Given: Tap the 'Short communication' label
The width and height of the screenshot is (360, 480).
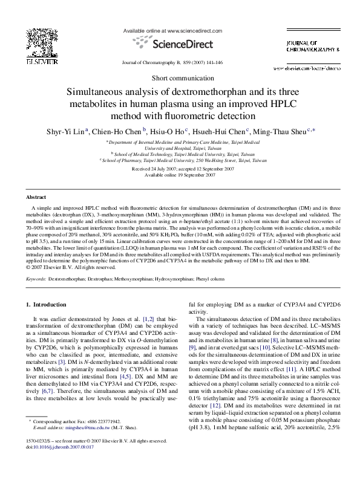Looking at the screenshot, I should [x=180, y=79].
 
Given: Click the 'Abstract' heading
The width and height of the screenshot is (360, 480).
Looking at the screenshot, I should [x=39, y=198].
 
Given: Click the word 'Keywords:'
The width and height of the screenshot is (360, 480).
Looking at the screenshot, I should [x=36, y=281].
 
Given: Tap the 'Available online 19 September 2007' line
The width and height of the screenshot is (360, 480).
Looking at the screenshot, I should [x=180, y=175].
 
